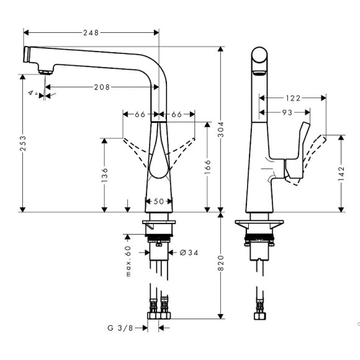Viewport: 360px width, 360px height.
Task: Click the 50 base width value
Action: pos(159,201)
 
